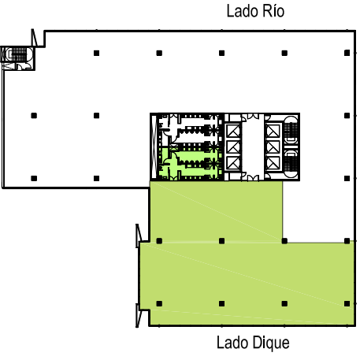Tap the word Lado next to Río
pyautogui.click(x=241, y=12)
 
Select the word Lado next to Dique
pyautogui.click(x=232, y=343)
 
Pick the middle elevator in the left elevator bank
pyautogui.click(x=233, y=147)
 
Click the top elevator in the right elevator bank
pyautogui.click(x=273, y=131)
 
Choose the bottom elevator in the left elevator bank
pyautogui.click(x=233, y=163)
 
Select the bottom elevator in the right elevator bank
pyautogui.click(x=273, y=163)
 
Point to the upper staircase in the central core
pyautogui.click(x=291, y=131)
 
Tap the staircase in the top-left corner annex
pyautogui.click(x=17, y=54)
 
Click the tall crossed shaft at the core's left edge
pyautogui.click(x=154, y=147)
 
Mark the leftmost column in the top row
pyautogui.click(x=96, y=53)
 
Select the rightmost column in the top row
pyautogui.click(x=347, y=53)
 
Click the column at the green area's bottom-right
pyautogui.click(x=347, y=303)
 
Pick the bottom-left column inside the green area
pyautogui.click(x=159, y=303)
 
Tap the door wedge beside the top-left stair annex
pyautogui.click(x=34, y=38)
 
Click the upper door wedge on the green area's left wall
pyautogui.click(x=139, y=236)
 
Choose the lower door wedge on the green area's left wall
pyautogui.click(x=139, y=315)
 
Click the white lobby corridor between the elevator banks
pyautogui.click(x=253, y=147)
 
